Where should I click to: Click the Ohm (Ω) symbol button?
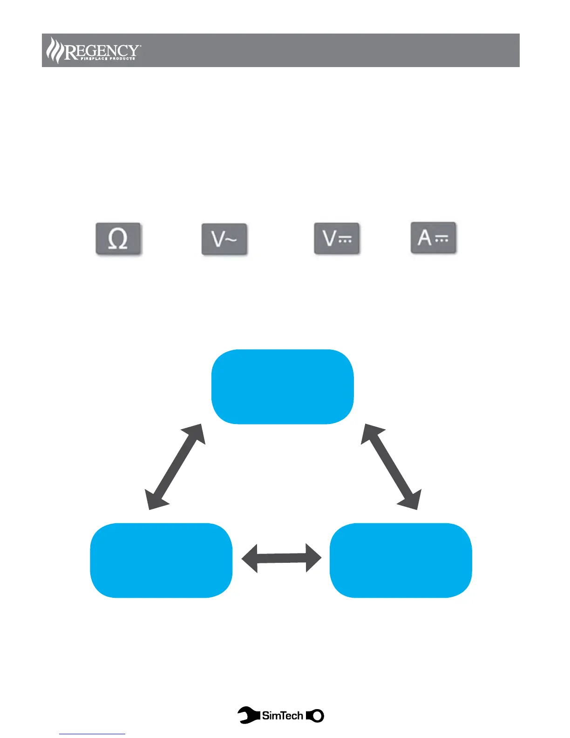click(118, 239)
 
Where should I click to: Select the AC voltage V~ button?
click(224, 239)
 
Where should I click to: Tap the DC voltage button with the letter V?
click(337, 239)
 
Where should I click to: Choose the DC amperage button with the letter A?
click(433, 238)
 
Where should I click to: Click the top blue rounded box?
click(283, 386)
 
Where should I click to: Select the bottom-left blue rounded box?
click(161, 560)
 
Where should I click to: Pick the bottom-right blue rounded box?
click(400, 560)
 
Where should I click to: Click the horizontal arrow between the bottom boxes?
click(281, 558)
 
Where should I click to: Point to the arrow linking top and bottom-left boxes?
click(175, 466)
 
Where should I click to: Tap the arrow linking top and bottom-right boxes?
click(391, 466)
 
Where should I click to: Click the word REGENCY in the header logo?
click(102, 50)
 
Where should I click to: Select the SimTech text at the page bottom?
click(283, 715)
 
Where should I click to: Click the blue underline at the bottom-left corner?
click(92, 734)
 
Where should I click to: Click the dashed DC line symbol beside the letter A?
click(441, 239)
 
